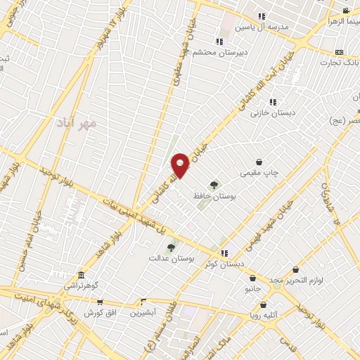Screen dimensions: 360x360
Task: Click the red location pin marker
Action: click(181, 165)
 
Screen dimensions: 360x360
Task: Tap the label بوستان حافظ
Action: click(215, 198)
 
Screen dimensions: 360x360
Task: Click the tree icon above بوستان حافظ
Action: click(213, 185)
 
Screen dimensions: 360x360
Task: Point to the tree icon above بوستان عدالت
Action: click(171, 247)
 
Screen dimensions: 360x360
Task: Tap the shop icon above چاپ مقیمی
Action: click(259, 161)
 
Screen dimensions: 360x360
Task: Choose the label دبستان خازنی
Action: click(274, 112)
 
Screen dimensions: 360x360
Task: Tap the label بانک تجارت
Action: click(340, 63)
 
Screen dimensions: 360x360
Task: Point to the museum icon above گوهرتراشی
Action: click(82, 274)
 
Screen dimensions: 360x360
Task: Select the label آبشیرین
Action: click(144, 312)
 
